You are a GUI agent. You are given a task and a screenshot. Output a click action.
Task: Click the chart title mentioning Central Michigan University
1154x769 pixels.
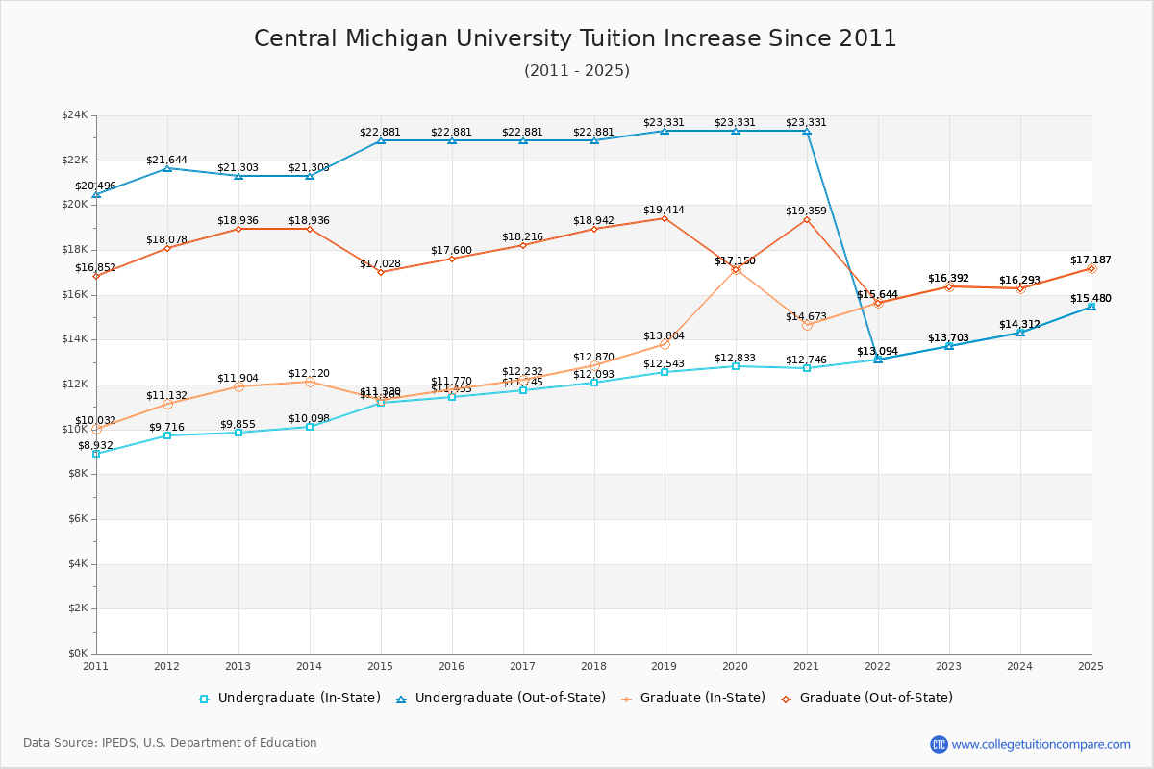click(575, 38)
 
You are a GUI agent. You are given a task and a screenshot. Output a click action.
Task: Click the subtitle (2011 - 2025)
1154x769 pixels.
click(577, 70)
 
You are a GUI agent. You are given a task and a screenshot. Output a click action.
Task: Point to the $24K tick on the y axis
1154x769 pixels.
click(74, 115)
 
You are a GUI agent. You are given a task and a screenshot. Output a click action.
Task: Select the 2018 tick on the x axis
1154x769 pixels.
click(593, 665)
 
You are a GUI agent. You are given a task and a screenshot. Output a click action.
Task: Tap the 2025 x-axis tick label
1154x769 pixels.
click(1091, 665)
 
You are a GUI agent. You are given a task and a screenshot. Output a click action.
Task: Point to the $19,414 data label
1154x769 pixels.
click(664, 210)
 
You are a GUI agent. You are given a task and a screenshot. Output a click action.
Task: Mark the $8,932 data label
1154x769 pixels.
click(95, 446)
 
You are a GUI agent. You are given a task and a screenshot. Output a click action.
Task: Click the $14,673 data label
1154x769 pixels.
click(806, 316)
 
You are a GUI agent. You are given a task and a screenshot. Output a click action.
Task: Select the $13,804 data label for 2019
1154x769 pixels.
click(664, 335)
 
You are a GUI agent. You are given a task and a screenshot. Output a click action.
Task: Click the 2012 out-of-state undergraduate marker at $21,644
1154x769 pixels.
click(167, 168)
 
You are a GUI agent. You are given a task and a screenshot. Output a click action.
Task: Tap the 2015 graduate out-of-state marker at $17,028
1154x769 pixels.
click(381, 272)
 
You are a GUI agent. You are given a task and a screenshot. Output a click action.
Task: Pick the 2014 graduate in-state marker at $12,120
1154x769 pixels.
click(310, 382)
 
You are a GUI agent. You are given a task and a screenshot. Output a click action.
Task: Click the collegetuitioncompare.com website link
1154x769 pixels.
click(1041, 744)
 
